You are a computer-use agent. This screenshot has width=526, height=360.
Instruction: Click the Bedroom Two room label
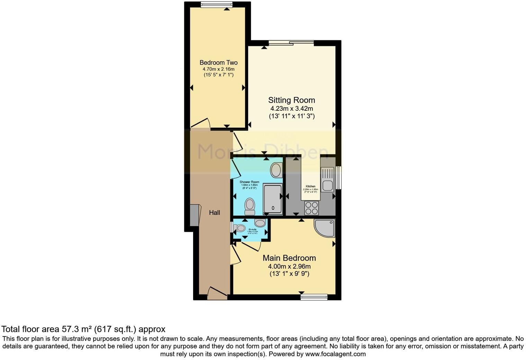tap(218, 63)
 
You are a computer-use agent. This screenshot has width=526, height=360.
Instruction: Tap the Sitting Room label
tap(292, 100)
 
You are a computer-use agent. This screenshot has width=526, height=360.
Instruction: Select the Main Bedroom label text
tap(289, 258)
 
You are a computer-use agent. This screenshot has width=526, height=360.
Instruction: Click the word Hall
tap(215, 213)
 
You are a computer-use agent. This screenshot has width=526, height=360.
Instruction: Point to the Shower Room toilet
tap(250, 206)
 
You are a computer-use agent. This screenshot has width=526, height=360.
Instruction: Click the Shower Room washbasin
tap(276, 170)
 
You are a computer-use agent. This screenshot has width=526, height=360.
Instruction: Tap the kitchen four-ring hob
tap(311, 208)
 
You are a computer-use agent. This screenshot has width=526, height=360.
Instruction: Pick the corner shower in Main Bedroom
tap(324, 227)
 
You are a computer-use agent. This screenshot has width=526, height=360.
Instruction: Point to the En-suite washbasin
tap(260, 223)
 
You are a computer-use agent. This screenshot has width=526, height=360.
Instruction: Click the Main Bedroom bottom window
tap(314, 297)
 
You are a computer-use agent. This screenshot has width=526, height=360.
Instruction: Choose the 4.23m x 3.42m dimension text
tap(291, 109)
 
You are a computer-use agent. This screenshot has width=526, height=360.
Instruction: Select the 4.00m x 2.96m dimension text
tap(289, 267)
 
